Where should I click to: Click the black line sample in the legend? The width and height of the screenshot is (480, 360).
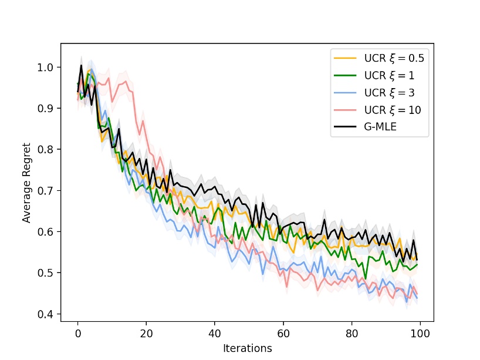pos(346,126)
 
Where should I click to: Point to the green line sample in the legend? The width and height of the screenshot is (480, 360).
pos(346,75)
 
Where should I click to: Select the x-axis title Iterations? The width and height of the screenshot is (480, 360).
pos(247,348)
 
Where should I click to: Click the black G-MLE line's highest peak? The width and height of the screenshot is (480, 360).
pos(82,65)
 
